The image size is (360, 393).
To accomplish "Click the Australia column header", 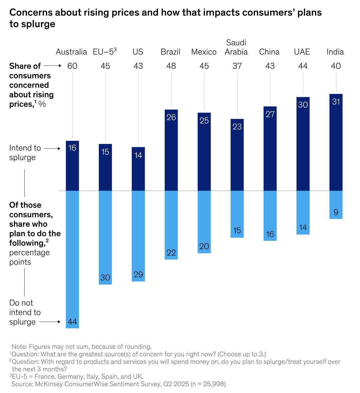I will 71,52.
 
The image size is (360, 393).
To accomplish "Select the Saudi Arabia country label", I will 236,47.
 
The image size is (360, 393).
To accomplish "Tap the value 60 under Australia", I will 72,66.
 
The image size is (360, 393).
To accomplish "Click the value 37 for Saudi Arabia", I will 237,66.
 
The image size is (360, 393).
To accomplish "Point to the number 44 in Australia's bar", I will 72,322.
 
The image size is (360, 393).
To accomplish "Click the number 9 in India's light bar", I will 336,212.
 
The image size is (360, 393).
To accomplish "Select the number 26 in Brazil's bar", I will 171,117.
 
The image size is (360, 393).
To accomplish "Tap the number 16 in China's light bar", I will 270,234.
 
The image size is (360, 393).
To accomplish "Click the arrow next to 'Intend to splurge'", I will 53,149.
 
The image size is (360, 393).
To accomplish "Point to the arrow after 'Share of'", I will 53,66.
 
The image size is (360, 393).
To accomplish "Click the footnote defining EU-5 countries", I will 77,377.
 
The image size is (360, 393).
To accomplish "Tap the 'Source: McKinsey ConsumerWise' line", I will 118,384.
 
